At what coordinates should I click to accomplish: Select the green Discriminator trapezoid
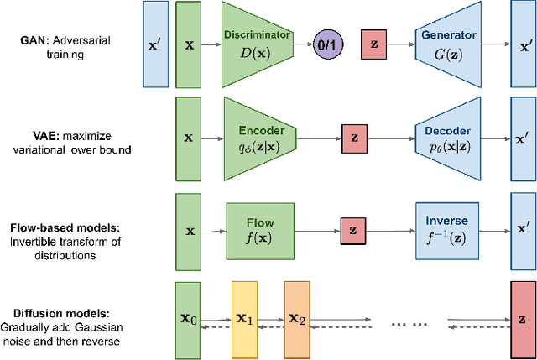[257, 44]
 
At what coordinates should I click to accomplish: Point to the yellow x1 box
[244, 318]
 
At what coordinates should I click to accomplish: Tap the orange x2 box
[297, 318]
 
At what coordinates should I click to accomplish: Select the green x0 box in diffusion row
[188, 318]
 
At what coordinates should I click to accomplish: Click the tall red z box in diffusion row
[522, 320]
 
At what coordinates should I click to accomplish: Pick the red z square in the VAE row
[355, 137]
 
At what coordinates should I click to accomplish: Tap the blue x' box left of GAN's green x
[154, 44]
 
